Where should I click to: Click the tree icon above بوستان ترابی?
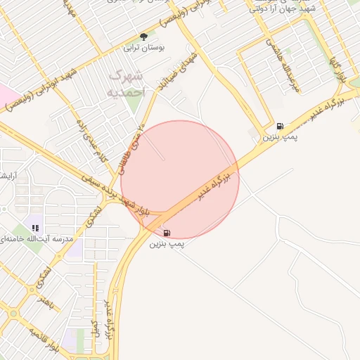pos(144,36)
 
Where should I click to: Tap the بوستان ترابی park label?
pos(143,48)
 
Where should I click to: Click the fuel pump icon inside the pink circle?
pos(166,233)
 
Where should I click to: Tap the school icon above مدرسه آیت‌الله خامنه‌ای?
pos(35,228)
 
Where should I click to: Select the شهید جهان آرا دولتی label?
pos(281,8)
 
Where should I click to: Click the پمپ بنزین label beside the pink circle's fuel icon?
pos(166,244)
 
